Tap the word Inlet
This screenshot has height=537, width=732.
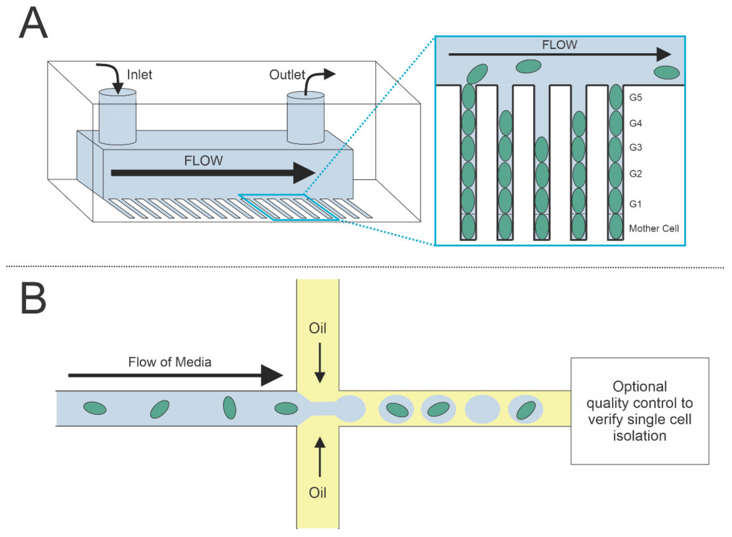pos(139,75)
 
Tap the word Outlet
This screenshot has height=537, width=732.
pos(287,75)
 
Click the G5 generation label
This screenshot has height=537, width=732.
pos(635,97)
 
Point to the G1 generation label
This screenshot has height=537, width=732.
pos(635,204)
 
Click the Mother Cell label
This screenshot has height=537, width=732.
pos(654,229)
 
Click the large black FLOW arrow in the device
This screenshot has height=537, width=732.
pos(213,173)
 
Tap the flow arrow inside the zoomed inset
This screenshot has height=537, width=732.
pos(560,54)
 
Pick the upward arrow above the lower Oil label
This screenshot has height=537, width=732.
pos(320,457)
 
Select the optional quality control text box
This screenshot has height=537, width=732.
pos(640,411)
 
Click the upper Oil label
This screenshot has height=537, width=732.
pos(317,328)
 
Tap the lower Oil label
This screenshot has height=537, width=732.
pos(317,493)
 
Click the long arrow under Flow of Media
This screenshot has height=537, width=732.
pos(176,375)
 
